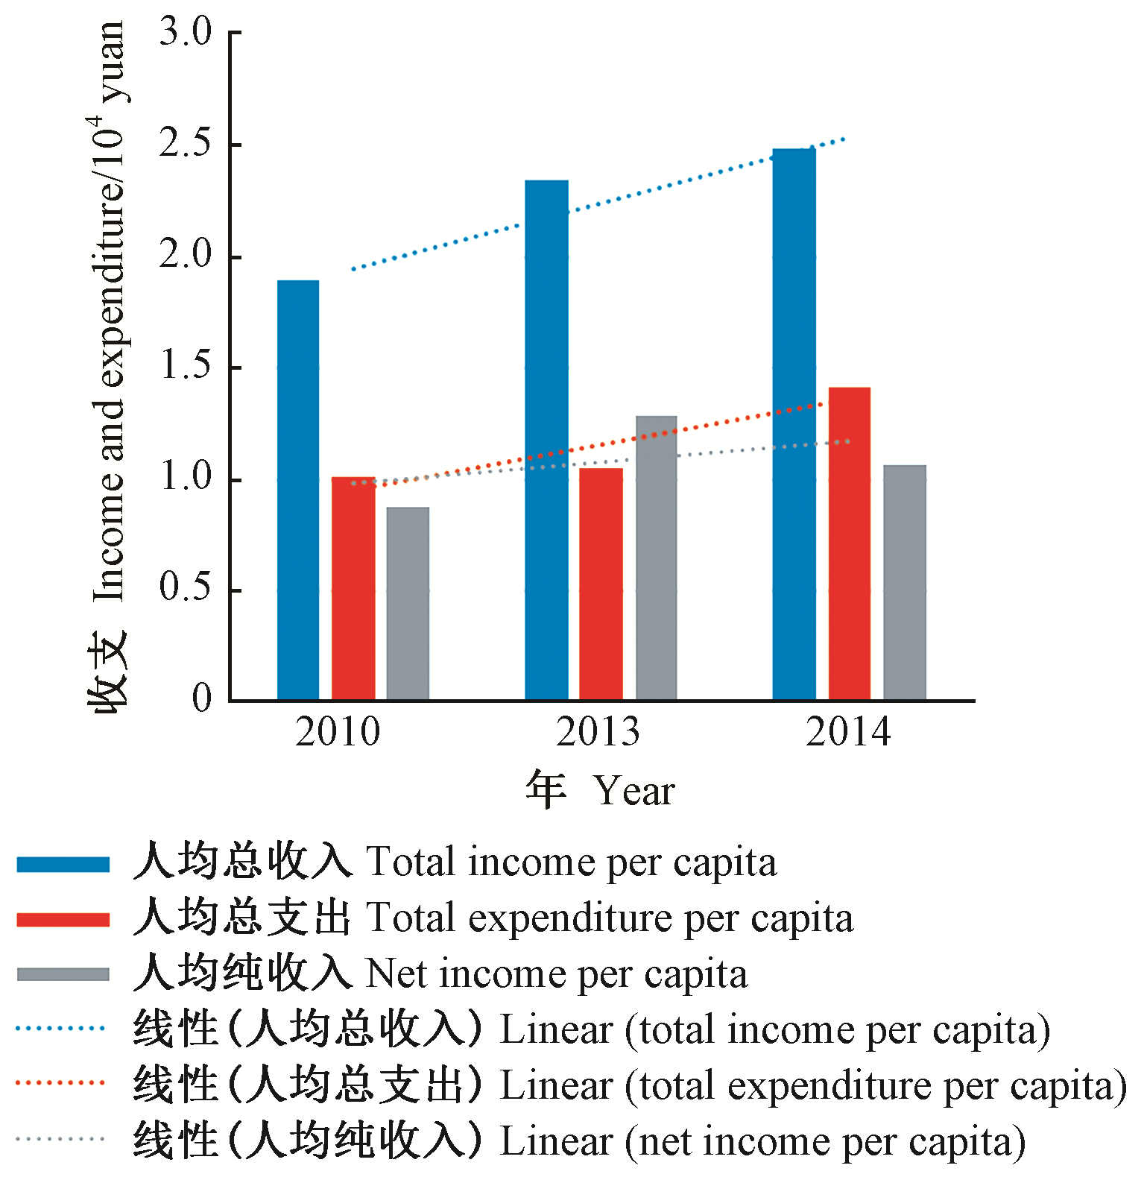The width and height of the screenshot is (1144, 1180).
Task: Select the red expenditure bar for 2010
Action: (x=353, y=588)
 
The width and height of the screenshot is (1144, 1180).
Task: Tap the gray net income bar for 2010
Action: (x=408, y=603)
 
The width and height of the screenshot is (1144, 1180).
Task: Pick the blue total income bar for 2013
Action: (x=546, y=440)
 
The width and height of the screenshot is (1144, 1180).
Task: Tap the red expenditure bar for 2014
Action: (x=849, y=543)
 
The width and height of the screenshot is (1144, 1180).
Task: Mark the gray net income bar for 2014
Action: (x=905, y=582)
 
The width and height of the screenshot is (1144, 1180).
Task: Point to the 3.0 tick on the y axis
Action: (x=186, y=32)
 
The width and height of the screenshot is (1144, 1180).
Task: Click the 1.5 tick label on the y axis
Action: (x=186, y=367)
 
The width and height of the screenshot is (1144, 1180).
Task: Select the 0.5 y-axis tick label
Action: (x=186, y=589)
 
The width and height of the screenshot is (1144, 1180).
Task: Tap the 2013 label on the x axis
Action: (x=598, y=731)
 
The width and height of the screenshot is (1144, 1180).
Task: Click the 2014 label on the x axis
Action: (x=848, y=731)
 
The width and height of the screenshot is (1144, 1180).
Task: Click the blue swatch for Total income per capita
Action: (x=63, y=864)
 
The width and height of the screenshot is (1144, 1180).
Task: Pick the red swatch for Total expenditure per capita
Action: (x=63, y=919)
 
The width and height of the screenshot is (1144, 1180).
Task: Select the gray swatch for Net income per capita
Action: (x=63, y=974)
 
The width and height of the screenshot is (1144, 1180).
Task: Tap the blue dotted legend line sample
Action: (x=60, y=1029)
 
